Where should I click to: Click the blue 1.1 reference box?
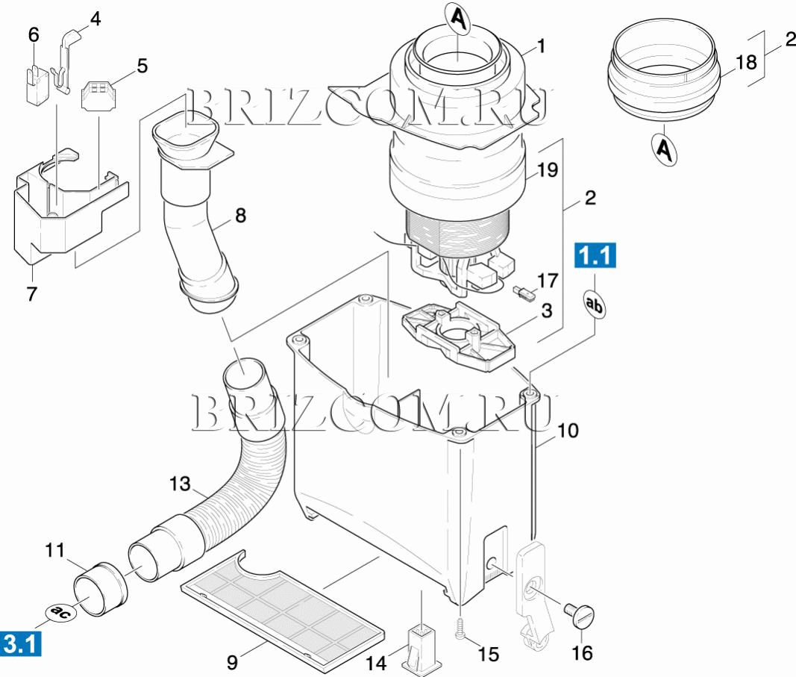[595, 255]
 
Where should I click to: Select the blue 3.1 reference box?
[20, 644]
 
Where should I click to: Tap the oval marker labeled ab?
[595, 304]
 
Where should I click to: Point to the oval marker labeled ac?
[61, 613]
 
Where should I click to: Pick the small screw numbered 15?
[460, 628]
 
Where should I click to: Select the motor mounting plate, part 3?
[458, 336]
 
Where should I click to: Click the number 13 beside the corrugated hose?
[180, 484]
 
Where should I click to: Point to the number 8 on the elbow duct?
[240, 215]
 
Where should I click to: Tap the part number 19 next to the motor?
[548, 169]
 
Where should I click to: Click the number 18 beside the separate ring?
[746, 63]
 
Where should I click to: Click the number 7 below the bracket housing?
[31, 294]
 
